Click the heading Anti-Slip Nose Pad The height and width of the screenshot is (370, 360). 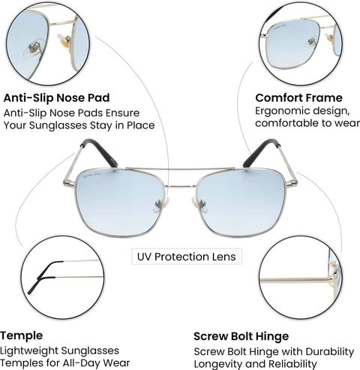point(56,98)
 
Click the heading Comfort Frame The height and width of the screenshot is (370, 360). point(298,98)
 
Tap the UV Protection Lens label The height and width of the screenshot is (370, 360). point(187,257)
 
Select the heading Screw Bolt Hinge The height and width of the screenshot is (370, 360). point(241,336)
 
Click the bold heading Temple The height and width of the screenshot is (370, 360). point(22,336)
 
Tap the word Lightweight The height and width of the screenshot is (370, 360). point(29,350)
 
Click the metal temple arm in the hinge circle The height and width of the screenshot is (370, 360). point(296,280)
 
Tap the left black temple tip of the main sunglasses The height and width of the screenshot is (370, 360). point(100,152)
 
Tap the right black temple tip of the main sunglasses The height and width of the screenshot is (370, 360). point(261,152)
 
